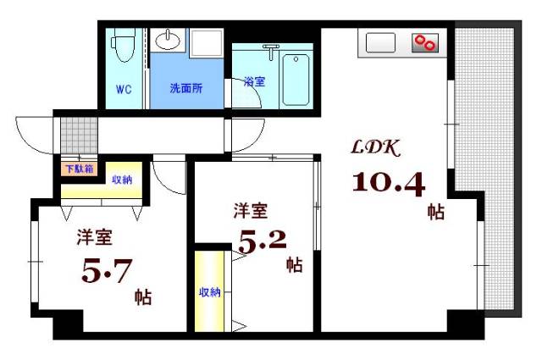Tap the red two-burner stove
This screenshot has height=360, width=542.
pos(425,43)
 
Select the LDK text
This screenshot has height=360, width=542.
pos(376,147)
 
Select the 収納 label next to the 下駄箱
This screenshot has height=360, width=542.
pos(122,180)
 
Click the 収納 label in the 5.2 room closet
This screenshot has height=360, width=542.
pos(209,292)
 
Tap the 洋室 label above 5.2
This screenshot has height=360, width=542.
pos(251,209)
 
